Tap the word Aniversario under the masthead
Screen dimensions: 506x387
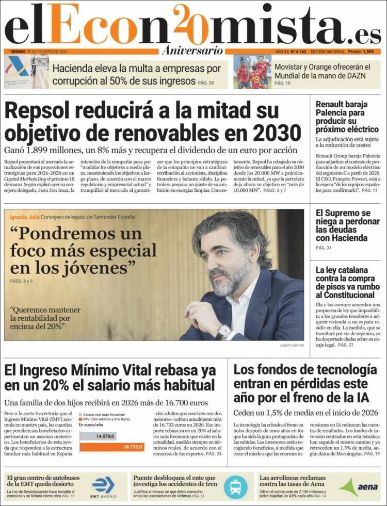tap(192, 51)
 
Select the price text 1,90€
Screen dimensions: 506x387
tap(368, 52)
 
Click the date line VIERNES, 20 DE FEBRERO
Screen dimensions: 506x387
tap(39, 52)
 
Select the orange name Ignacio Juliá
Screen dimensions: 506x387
tap(24, 217)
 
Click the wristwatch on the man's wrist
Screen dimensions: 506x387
tap(223, 331)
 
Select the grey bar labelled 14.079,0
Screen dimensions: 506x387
tap(98, 436)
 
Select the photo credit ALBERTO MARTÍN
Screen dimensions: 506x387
tap(292, 345)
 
